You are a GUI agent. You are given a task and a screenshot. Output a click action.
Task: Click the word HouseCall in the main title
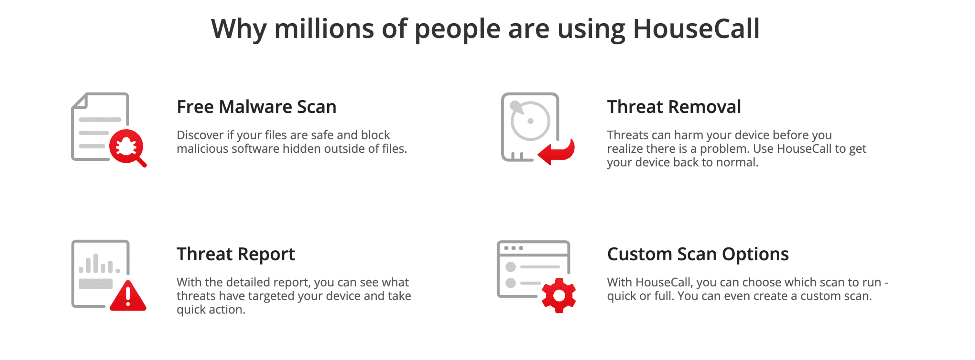696,29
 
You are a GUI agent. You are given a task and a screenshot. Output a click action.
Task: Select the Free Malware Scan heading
256,107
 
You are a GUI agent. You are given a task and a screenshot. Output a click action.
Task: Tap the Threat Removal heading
673,107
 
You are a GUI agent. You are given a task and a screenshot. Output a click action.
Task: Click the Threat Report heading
235,254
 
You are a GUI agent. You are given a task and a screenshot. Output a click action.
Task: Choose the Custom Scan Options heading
697,254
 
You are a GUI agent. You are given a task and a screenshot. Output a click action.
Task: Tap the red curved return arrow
556,152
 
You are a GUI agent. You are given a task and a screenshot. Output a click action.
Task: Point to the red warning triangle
128,296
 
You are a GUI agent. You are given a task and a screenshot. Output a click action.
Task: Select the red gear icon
558,295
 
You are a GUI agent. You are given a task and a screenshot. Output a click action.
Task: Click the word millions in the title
324,29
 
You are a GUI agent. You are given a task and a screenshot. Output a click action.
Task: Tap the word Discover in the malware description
200,135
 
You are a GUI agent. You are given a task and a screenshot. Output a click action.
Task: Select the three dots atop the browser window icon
513,248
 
